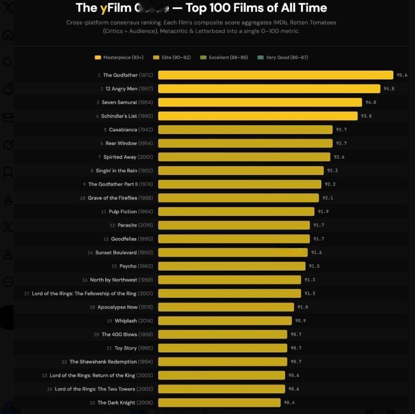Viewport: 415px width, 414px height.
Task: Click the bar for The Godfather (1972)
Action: (x=275, y=75)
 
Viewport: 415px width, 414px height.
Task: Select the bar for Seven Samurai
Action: (x=260, y=103)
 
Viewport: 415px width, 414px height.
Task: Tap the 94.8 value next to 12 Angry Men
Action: (x=389, y=89)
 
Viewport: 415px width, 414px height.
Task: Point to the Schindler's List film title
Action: (x=119, y=116)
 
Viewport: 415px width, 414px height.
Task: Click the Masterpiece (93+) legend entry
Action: (x=117, y=57)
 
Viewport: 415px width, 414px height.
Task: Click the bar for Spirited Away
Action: (x=244, y=157)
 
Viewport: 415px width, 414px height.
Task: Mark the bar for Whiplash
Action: (x=225, y=321)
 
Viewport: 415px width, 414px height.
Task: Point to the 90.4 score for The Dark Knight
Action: (x=289, y=403)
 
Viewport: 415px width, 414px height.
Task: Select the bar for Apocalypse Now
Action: (x=226, y=307)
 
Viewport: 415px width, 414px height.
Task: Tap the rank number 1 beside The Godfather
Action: (x=99, y=75)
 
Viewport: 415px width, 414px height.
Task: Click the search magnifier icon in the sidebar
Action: (x=8, y=63)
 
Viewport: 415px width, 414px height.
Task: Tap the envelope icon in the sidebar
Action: (x=8, y=118)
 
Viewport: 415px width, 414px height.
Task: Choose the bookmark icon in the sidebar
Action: (x=8, y=172)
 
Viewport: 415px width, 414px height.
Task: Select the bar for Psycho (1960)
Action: (x=231, y=266)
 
